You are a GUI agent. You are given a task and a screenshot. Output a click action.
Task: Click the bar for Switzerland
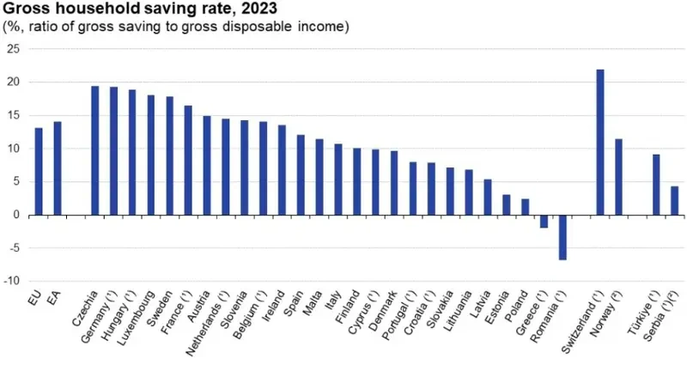599,142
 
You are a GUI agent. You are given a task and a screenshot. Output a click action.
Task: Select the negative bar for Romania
562,237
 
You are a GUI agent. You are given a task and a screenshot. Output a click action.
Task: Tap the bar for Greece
544,222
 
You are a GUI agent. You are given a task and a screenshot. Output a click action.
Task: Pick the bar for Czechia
94,150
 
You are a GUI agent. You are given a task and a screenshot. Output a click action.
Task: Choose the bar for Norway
618,177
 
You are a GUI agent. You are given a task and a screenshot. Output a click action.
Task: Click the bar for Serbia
674,200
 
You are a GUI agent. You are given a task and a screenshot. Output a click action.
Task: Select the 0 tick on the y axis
15,215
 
